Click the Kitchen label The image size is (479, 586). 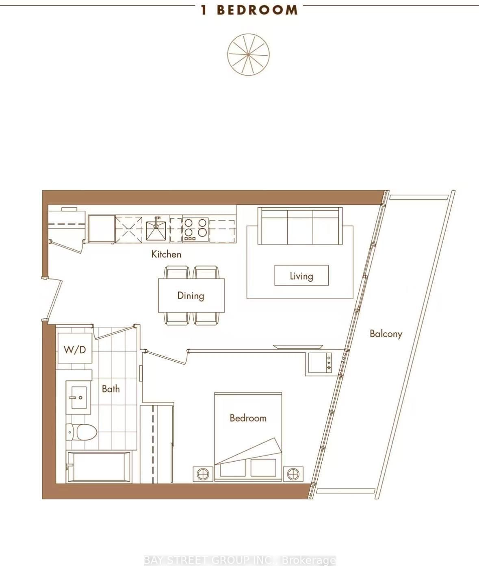[x=166, y=254]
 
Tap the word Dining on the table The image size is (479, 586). [x=191, y=295]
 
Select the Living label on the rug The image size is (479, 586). [x=301, y=276]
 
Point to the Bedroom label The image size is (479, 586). [x=248, y=418]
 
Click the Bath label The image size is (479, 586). [x=111, y=389]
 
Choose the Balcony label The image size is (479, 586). [x=386, y=334]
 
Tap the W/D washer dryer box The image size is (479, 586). [x=75, y=349]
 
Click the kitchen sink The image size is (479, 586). [x=156, y=230]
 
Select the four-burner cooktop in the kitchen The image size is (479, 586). [x=195, y=230]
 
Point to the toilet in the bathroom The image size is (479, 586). [x=82, y=432]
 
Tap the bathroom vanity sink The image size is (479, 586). [x=77, y=397]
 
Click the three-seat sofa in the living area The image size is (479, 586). [x=300, y=226]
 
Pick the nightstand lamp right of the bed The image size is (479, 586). [x=293, y=474]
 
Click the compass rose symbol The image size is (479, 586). [x=248, y=54]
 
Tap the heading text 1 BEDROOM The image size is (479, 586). [x=249, y=10]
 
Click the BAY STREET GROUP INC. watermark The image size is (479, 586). [x=240, y=561]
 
